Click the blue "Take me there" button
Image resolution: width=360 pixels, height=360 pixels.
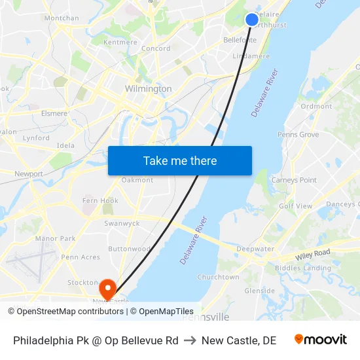coord(180,160)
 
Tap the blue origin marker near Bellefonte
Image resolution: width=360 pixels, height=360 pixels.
coord(252,20)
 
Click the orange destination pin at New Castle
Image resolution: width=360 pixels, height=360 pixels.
coord(107,287)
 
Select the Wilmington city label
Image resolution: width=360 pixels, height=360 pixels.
coord(149,88)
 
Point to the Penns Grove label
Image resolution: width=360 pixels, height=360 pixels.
coord(298,135)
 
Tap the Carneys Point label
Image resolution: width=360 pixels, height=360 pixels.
coord(294,180)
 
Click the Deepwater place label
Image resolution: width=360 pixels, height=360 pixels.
coord(255,249)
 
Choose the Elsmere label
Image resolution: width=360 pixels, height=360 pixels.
coord(54,113)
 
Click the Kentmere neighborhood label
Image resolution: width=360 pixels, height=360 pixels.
coord(120,43)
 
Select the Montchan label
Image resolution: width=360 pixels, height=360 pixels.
coord(62,18)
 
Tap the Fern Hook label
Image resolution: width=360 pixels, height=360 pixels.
coord(100,200)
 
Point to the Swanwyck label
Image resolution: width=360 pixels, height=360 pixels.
coord(122,223)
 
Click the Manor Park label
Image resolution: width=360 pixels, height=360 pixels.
coord(55,239)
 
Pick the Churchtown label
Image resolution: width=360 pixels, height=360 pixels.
coord(218,277)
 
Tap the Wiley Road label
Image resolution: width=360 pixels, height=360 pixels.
coord(312,253)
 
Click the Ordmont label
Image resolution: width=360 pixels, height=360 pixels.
coord(316,106)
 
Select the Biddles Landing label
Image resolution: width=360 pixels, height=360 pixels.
coord(303,268)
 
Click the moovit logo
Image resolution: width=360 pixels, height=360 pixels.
coord(320,340)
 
